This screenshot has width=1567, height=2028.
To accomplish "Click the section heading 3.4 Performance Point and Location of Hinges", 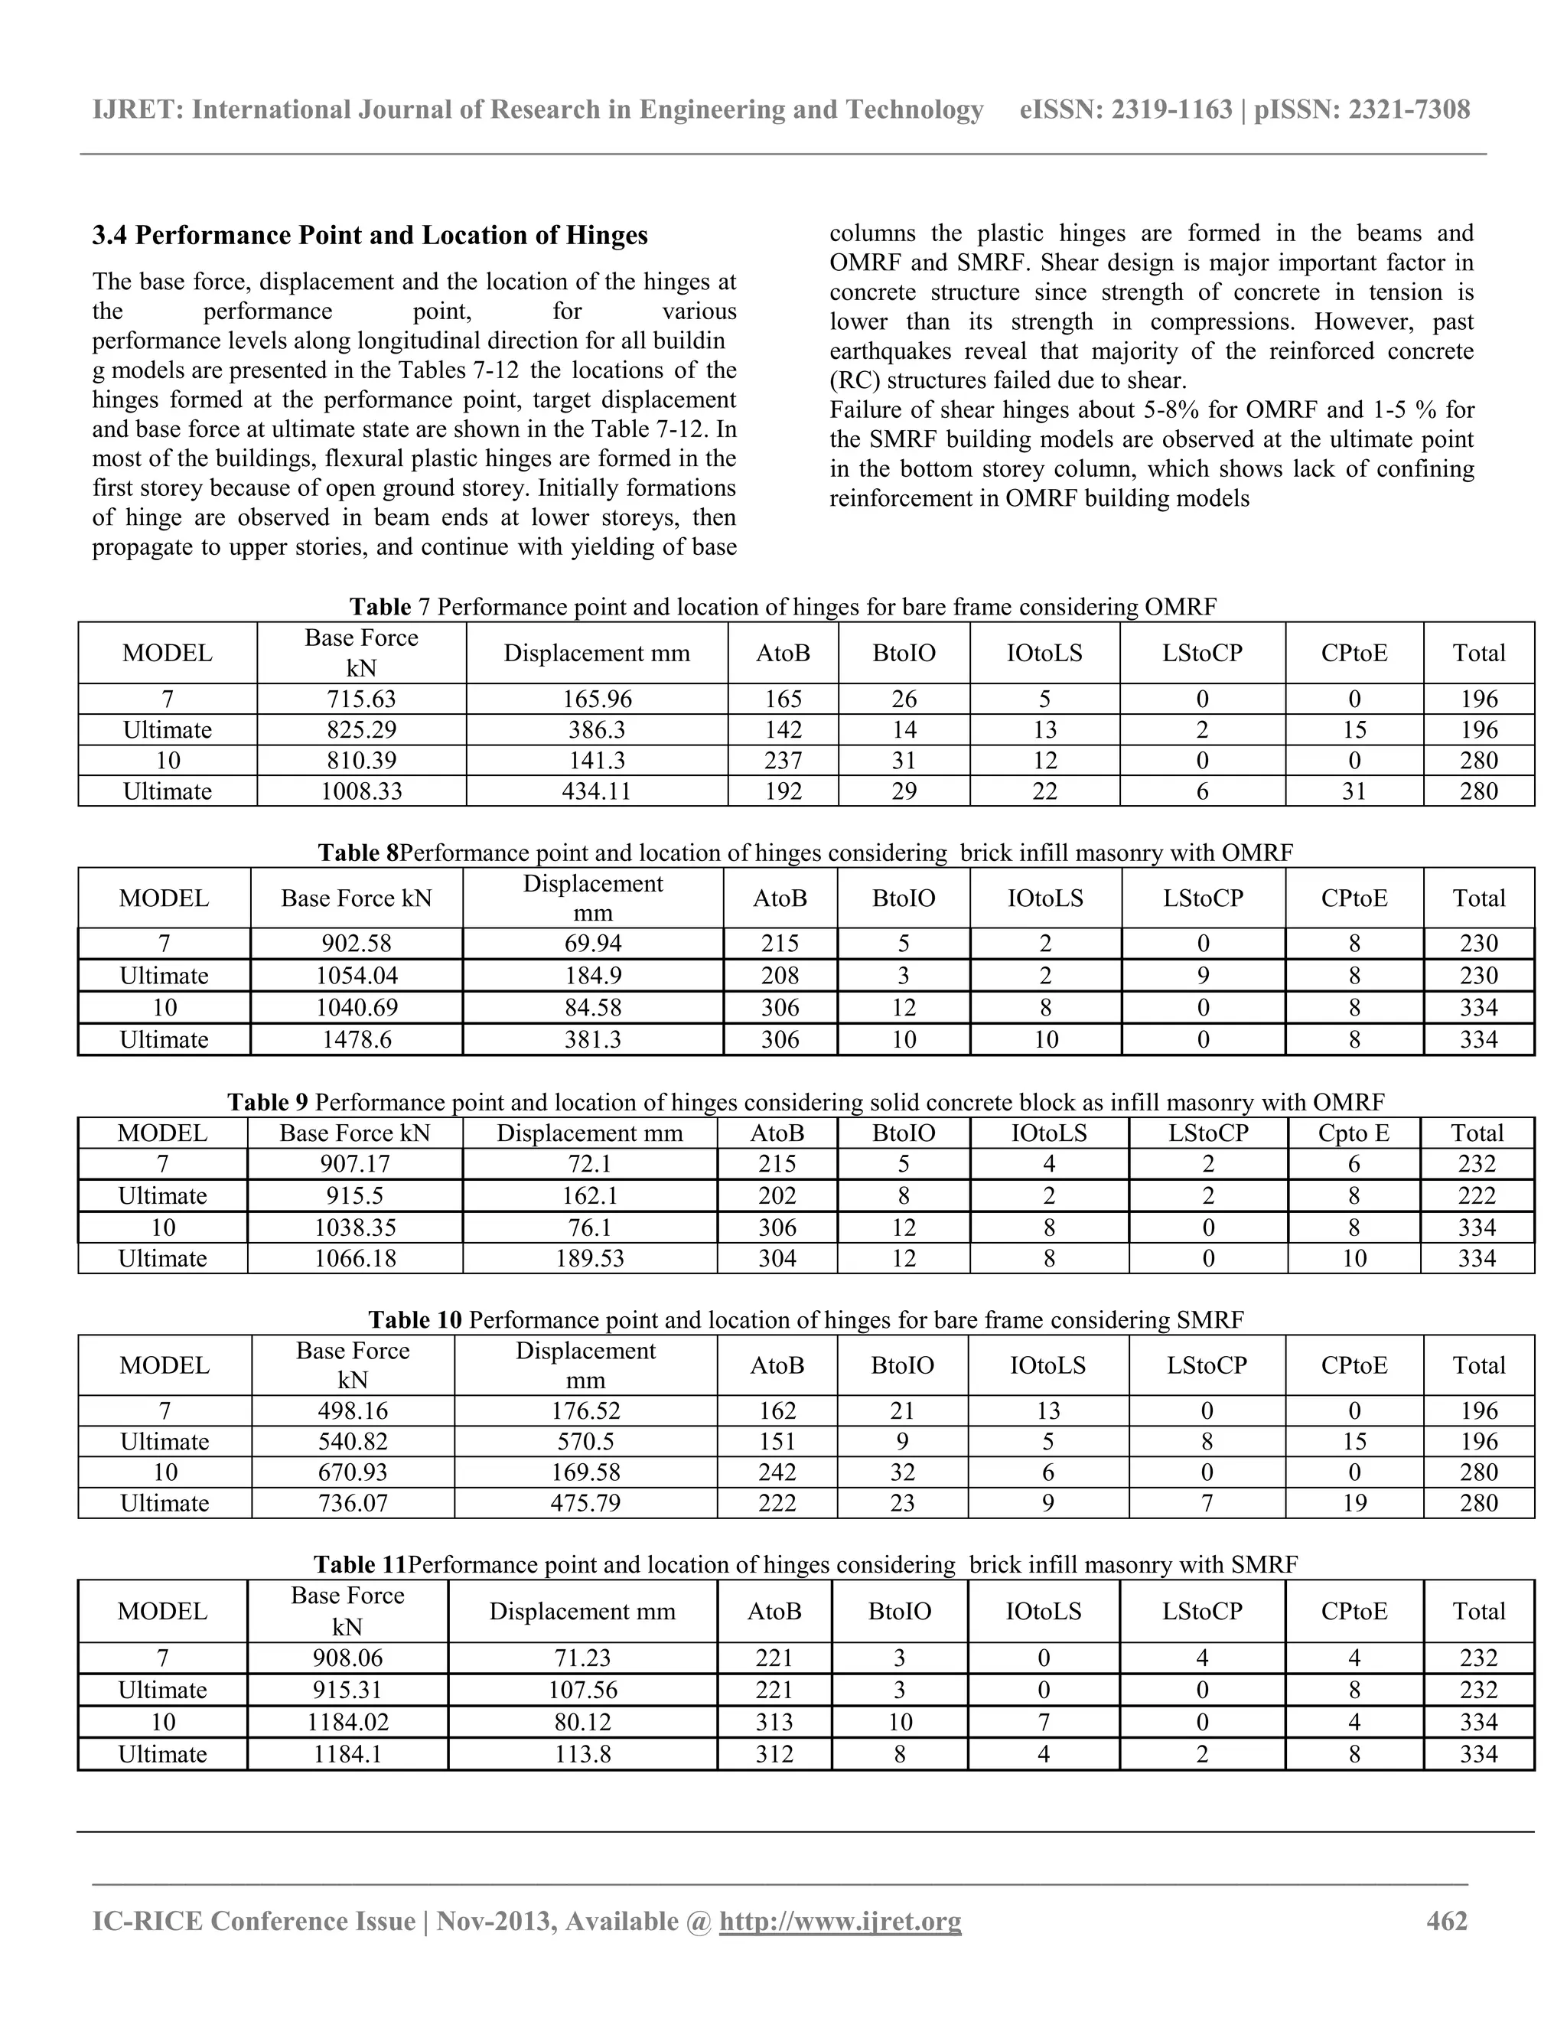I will [x=370, y=236].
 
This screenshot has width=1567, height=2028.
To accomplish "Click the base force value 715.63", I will [x=361, y=699].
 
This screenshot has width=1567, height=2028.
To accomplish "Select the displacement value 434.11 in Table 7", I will [x=596, y=791].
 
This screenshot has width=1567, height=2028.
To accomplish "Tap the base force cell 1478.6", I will [x=357, y=1039].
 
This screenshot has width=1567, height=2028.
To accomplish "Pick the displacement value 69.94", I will [x=592, y=944].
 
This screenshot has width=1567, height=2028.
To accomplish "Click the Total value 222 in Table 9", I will [x=1476, y=1195].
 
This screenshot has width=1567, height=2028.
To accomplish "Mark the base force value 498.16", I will [x=353, y=1410].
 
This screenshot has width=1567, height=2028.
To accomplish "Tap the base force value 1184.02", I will [x=347, y=1723].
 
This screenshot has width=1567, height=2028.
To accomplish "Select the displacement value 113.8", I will [x=582, y=1754].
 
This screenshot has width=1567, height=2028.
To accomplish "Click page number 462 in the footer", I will [x=1446, y=1920].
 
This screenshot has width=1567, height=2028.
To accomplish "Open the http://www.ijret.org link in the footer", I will [x=840, y=1920].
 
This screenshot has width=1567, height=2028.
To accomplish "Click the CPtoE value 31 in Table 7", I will [x=1354, y=791].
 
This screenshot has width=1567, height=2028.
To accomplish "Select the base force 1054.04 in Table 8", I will [x=357, y=975].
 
